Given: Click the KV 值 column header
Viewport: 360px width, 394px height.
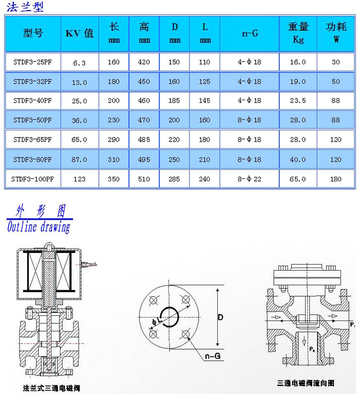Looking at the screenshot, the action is pyautogui.click(x=80, y=33).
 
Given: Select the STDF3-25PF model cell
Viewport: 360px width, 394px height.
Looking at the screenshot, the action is pyautogui.click(x=33, y=62).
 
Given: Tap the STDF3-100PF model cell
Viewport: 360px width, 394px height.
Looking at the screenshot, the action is pyautogui.click(x=33, y=179).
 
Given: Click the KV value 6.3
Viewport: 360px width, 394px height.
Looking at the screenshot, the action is pyautogui.click(x=80, y=63).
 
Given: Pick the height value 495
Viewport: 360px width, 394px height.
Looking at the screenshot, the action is pyautogui.click(x=144, y=160).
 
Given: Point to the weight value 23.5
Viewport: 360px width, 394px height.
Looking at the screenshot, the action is pyautogui.click(x=298, y=101).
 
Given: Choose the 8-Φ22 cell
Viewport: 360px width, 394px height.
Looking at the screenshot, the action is pyautogui.click(x=250, y=179).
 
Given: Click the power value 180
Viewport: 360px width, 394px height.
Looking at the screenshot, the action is pyautogui.click(x=336, y=179).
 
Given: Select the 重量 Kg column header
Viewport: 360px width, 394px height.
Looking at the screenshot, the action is pyautogui.click(x=298, y=33).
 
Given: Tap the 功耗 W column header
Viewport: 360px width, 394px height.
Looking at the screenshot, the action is pyautogui.click(x=336, y=33).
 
